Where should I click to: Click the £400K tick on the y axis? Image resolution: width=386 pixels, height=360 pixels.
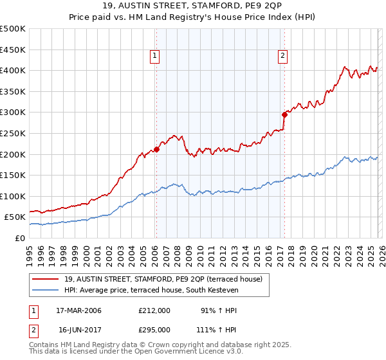(x=13, y=70)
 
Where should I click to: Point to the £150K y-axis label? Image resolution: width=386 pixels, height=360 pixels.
(x=13, y=175)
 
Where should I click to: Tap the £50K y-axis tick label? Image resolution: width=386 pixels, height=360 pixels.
(x=15, y=217)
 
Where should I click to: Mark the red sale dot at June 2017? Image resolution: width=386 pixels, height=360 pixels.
(x=284, y=114)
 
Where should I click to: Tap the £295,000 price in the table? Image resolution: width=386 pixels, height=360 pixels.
(x=154, y=329)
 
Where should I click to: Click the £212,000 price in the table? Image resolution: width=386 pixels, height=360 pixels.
(x=154, y=310)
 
